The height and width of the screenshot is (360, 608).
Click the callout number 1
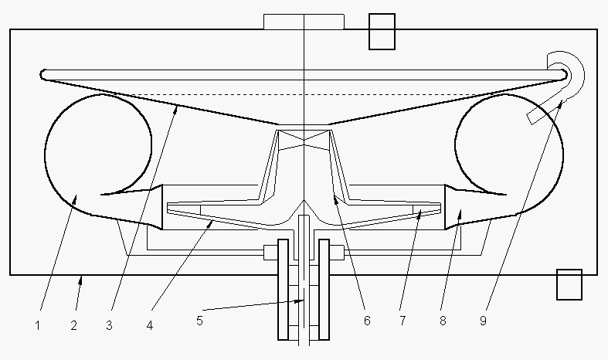[37, 325]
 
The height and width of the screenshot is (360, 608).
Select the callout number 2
[73, 325]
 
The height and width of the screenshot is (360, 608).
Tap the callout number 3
[110, 325]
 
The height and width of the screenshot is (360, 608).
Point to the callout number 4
[150, 325]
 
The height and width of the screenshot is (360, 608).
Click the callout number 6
[367, 319]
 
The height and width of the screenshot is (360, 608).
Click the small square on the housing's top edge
[382, 32]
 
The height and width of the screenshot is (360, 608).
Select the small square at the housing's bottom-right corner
[569, 284]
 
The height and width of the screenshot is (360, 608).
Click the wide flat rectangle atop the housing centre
[304, 21]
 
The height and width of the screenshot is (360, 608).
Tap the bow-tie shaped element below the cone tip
[304, 140]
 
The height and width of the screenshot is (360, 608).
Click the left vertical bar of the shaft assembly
[284, 290]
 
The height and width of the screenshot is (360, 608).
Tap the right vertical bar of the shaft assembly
[324, 290]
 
